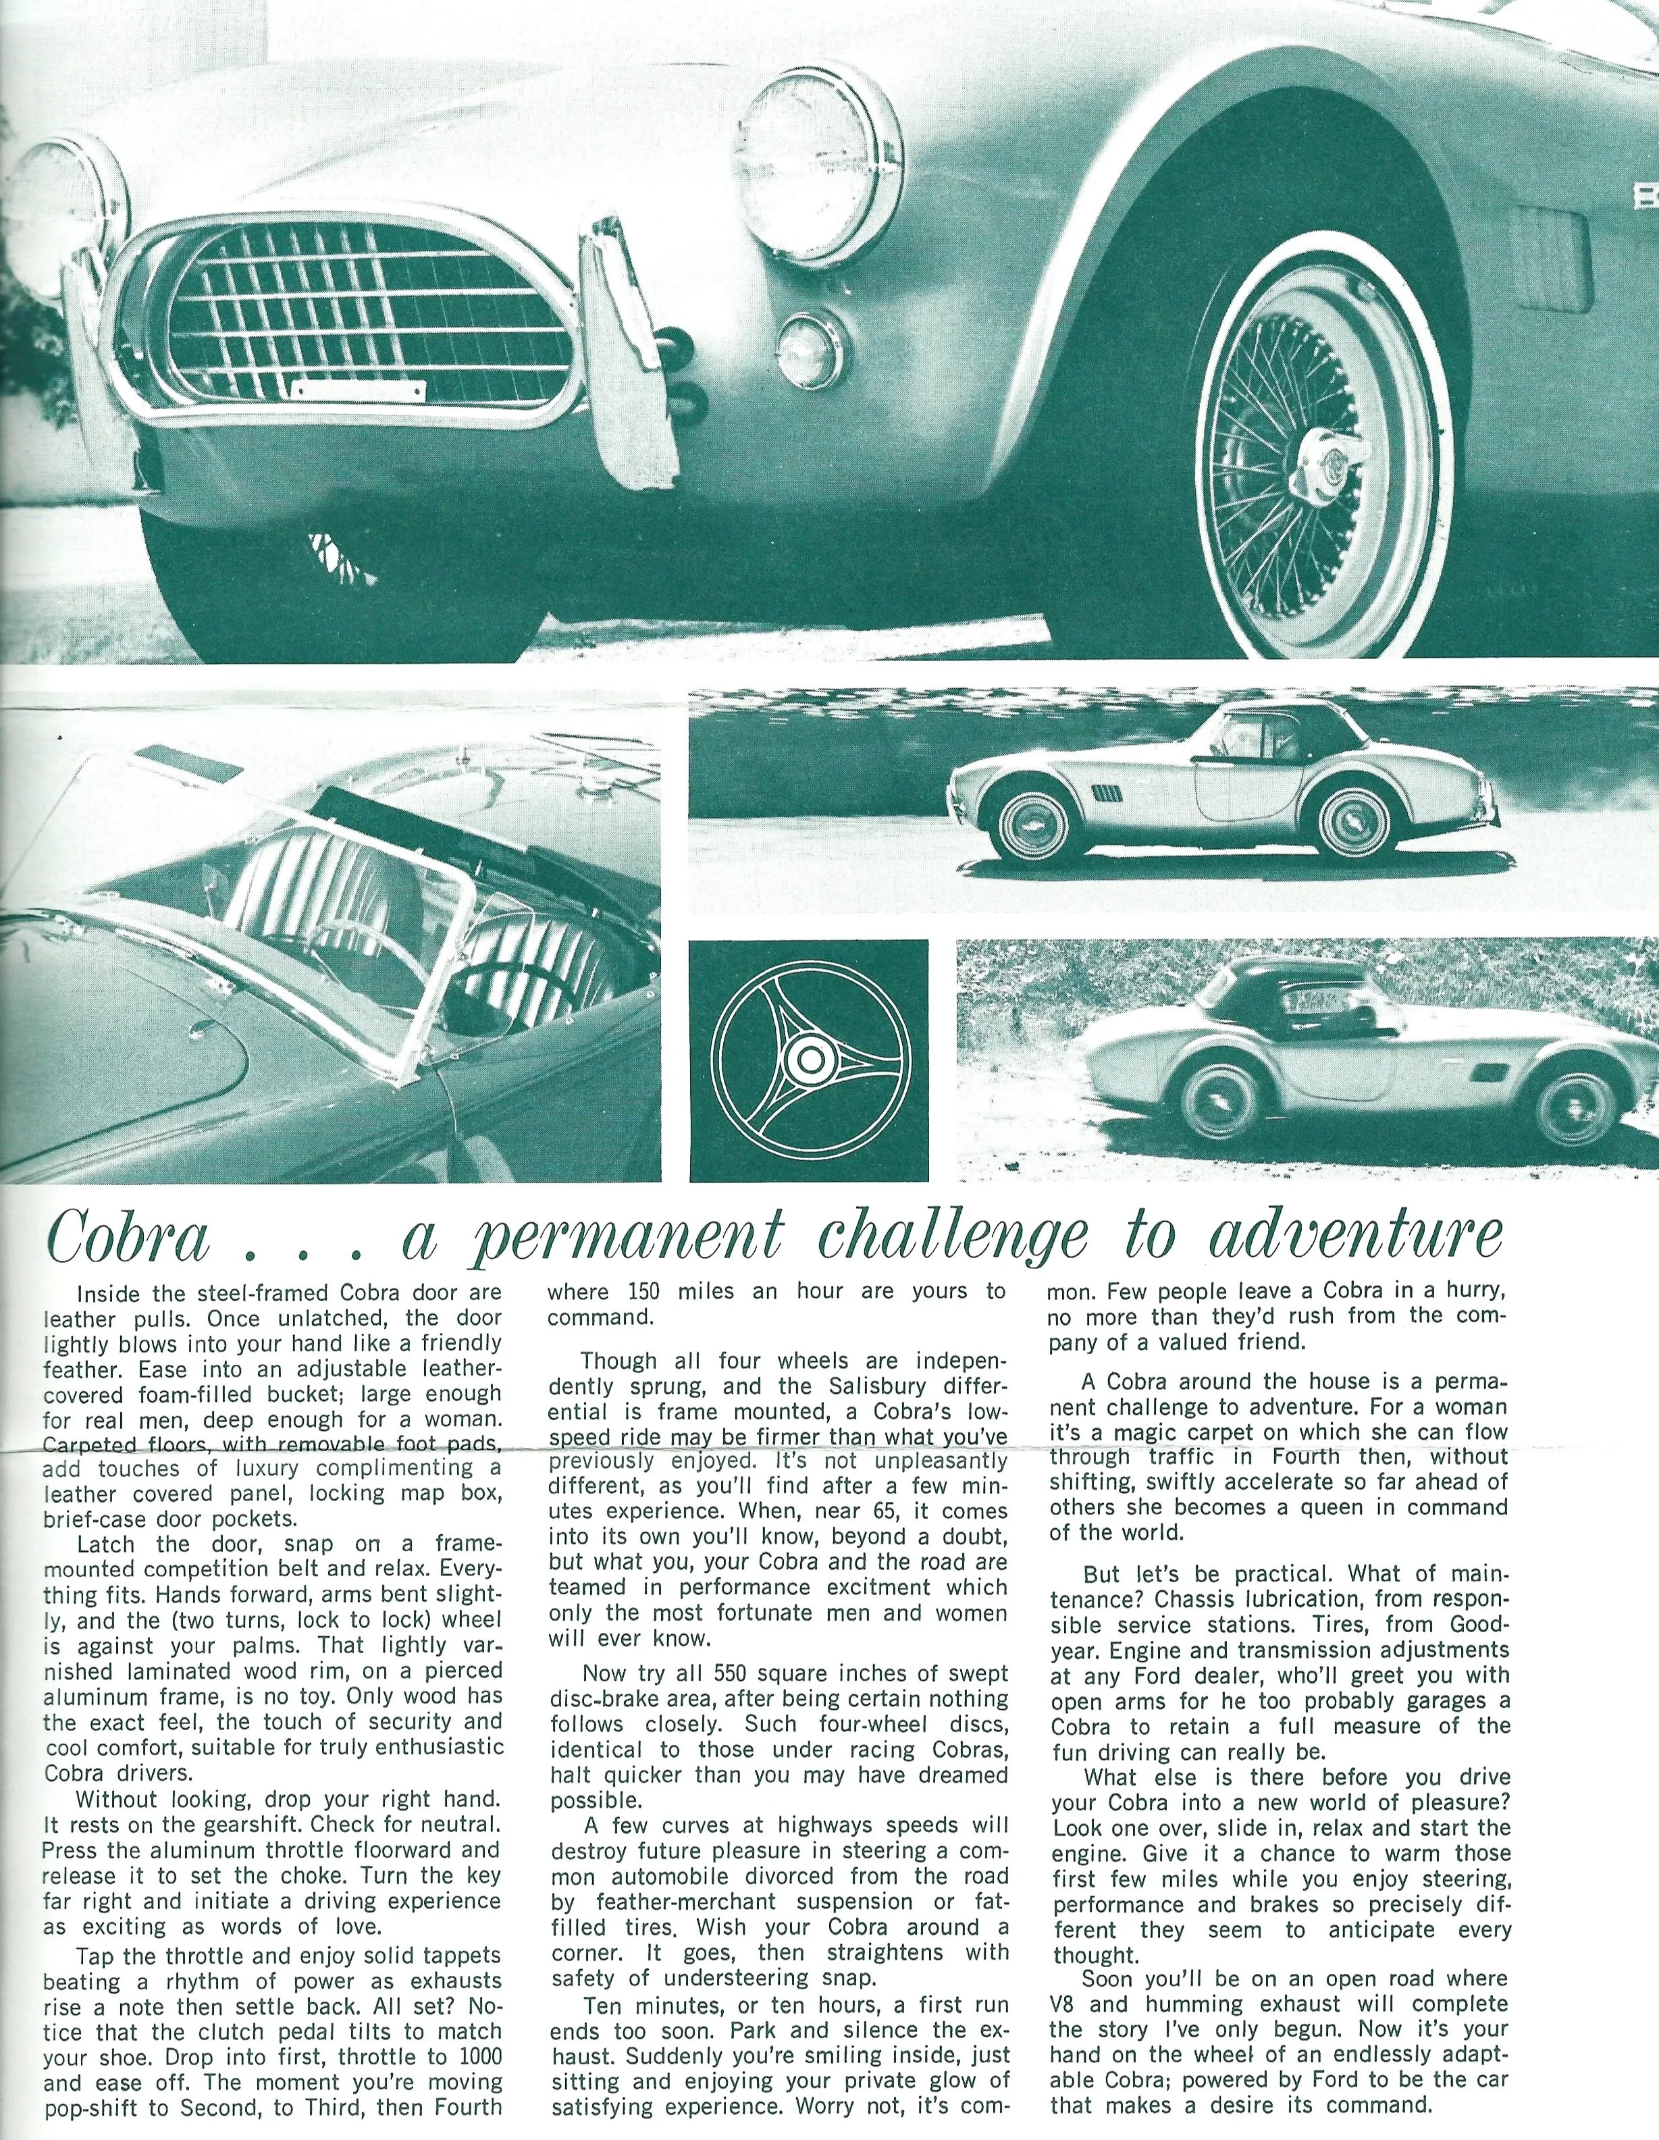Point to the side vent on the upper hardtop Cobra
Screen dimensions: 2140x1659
pos(1105,791)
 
